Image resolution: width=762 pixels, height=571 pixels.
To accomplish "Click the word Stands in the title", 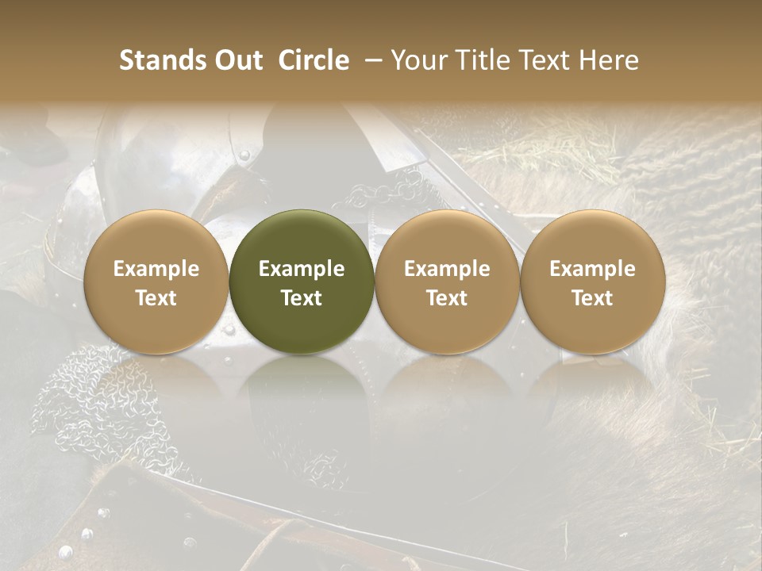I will (162, 61).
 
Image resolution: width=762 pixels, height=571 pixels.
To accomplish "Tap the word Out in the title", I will (237, 61).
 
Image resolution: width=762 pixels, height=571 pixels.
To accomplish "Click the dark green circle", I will (302, 238).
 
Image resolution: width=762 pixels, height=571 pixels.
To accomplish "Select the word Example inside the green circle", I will (302, 269).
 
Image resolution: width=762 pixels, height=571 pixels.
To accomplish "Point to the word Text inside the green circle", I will (302, 298).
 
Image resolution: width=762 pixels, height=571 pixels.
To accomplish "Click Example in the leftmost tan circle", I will (156, 269).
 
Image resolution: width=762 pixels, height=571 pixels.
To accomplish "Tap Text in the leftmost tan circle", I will (156, 298).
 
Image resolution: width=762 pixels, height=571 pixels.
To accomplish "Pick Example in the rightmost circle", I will (592, 269).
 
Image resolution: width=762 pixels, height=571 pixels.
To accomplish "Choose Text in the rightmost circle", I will (592, 298).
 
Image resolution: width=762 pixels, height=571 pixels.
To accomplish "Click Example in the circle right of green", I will (447, 269).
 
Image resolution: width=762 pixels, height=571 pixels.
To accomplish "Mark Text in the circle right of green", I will (447, 298).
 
